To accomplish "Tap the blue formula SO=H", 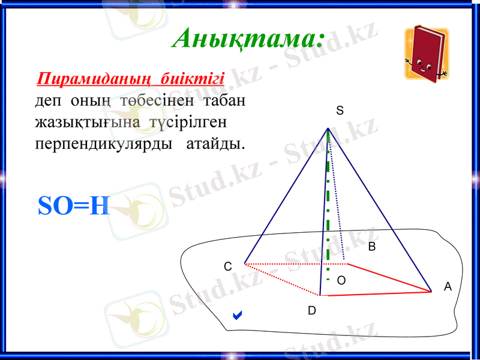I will pyautogui.click(x=74, y=206).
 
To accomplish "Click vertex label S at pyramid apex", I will pyautogui.click(x=340, y=111).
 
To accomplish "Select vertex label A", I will pyautogui.click(x=448, y=287).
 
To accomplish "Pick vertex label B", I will pyautogui.click(x=372, y=247).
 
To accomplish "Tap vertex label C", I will pyautogui.click(x=227, y=266).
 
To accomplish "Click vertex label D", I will pyautogui.click(x=311, y=311).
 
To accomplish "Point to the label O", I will pyautogui.click(x=341, y=280).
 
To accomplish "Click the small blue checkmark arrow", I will pyautogui.click(x=238, y=314).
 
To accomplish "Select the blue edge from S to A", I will pyautogui.click(x=379, y=210).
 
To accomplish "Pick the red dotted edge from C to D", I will pyautogui.click(x=282, y=280).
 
